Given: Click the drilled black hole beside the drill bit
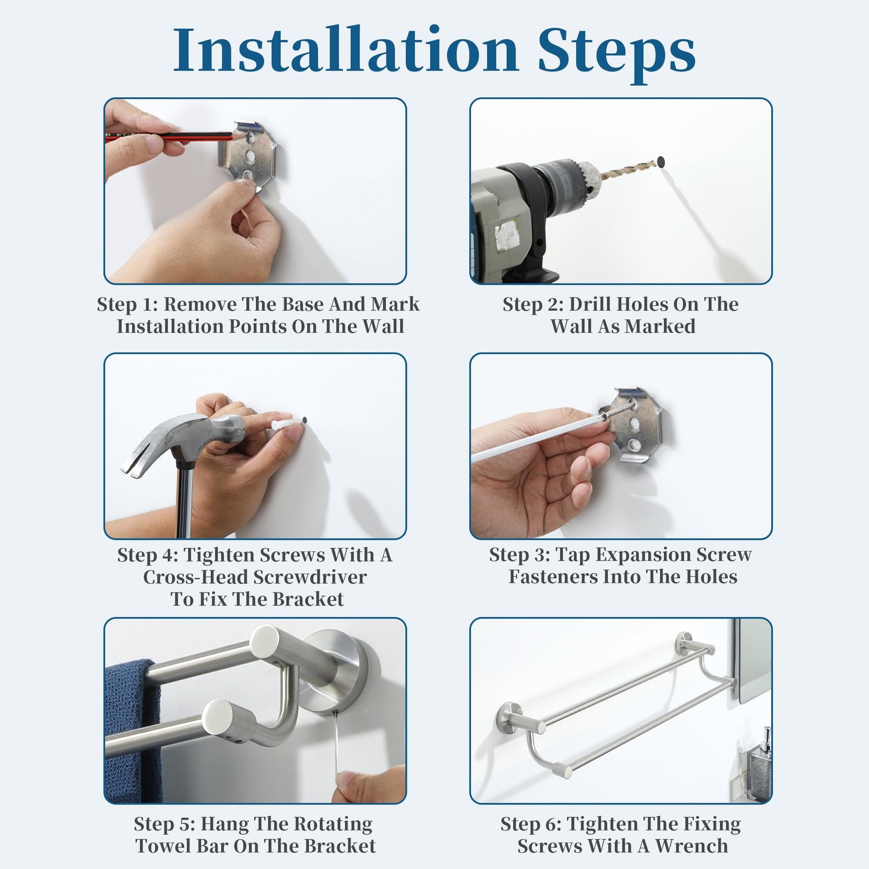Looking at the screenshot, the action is pos(661,161).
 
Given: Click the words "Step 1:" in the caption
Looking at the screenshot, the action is pos(127,304).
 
